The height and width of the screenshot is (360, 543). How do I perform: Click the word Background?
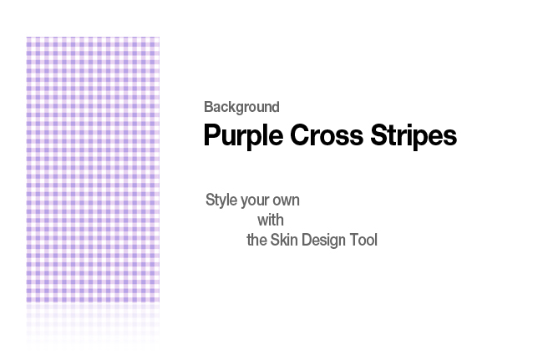click(x=241, y=107)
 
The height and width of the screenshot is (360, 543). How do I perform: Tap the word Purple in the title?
click(x=243, y=136)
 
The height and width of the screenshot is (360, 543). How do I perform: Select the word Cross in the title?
click(x=327, y=135)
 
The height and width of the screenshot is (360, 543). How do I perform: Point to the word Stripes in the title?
click(x=414, y=136)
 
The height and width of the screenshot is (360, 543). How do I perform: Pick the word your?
click(x=255, y=201)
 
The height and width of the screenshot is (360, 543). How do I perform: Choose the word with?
click(x=271, y=221)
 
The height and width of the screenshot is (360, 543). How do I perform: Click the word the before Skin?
click(x=256, y=240)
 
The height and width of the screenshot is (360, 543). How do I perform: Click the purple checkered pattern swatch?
click(x=93, y=170)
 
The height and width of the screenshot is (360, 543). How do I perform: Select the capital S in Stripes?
click(x=379, y=135)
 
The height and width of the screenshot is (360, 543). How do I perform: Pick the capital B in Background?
click(x=208, y=107)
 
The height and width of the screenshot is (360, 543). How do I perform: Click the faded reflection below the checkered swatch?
click(x=93, y=326)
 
